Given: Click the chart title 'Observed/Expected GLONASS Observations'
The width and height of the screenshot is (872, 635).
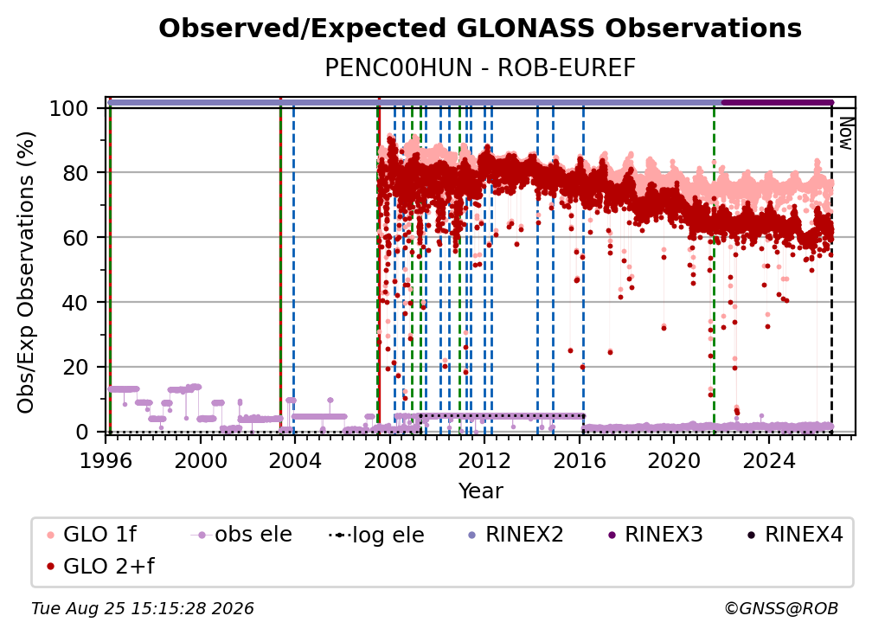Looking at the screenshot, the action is (x=480, y=29).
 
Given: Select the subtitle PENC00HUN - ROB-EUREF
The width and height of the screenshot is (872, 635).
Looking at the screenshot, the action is (x=480, y=67).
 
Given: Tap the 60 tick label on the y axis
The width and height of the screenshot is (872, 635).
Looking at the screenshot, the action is (x=75, y=238).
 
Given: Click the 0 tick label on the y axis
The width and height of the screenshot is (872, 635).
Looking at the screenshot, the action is (x=82, y=432).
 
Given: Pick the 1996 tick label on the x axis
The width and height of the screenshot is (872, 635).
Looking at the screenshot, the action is (x=106, y=460).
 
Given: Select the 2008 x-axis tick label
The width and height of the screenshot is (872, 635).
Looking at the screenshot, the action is (x=390, y=460).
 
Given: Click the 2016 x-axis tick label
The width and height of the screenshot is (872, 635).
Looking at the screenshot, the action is (x=580, y=460).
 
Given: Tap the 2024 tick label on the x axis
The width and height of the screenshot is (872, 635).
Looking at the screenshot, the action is (x=768, y=460).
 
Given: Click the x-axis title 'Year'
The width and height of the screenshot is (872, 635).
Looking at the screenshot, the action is (x=480, y=491).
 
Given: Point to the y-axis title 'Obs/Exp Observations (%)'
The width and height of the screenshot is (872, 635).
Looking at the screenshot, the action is (x=26, y=273).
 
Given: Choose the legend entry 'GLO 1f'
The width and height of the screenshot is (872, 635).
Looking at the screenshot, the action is (x=92, y=535).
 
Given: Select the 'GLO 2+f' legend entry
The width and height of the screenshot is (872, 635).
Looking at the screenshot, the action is (x=100, y=566).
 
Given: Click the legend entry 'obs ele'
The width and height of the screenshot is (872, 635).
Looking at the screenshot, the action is (x=242, y=535).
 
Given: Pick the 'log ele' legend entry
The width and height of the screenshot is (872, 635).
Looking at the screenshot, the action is (x=377, y=536).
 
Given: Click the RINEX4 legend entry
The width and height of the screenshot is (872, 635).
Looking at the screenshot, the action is (x=795, y=535).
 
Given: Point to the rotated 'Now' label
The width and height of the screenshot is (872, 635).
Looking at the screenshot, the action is (x=845, y=133).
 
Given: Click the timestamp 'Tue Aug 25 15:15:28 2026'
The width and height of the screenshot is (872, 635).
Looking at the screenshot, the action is (x=143, y=609).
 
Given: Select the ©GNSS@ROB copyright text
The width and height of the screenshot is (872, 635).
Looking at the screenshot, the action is (x=781, y=609).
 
